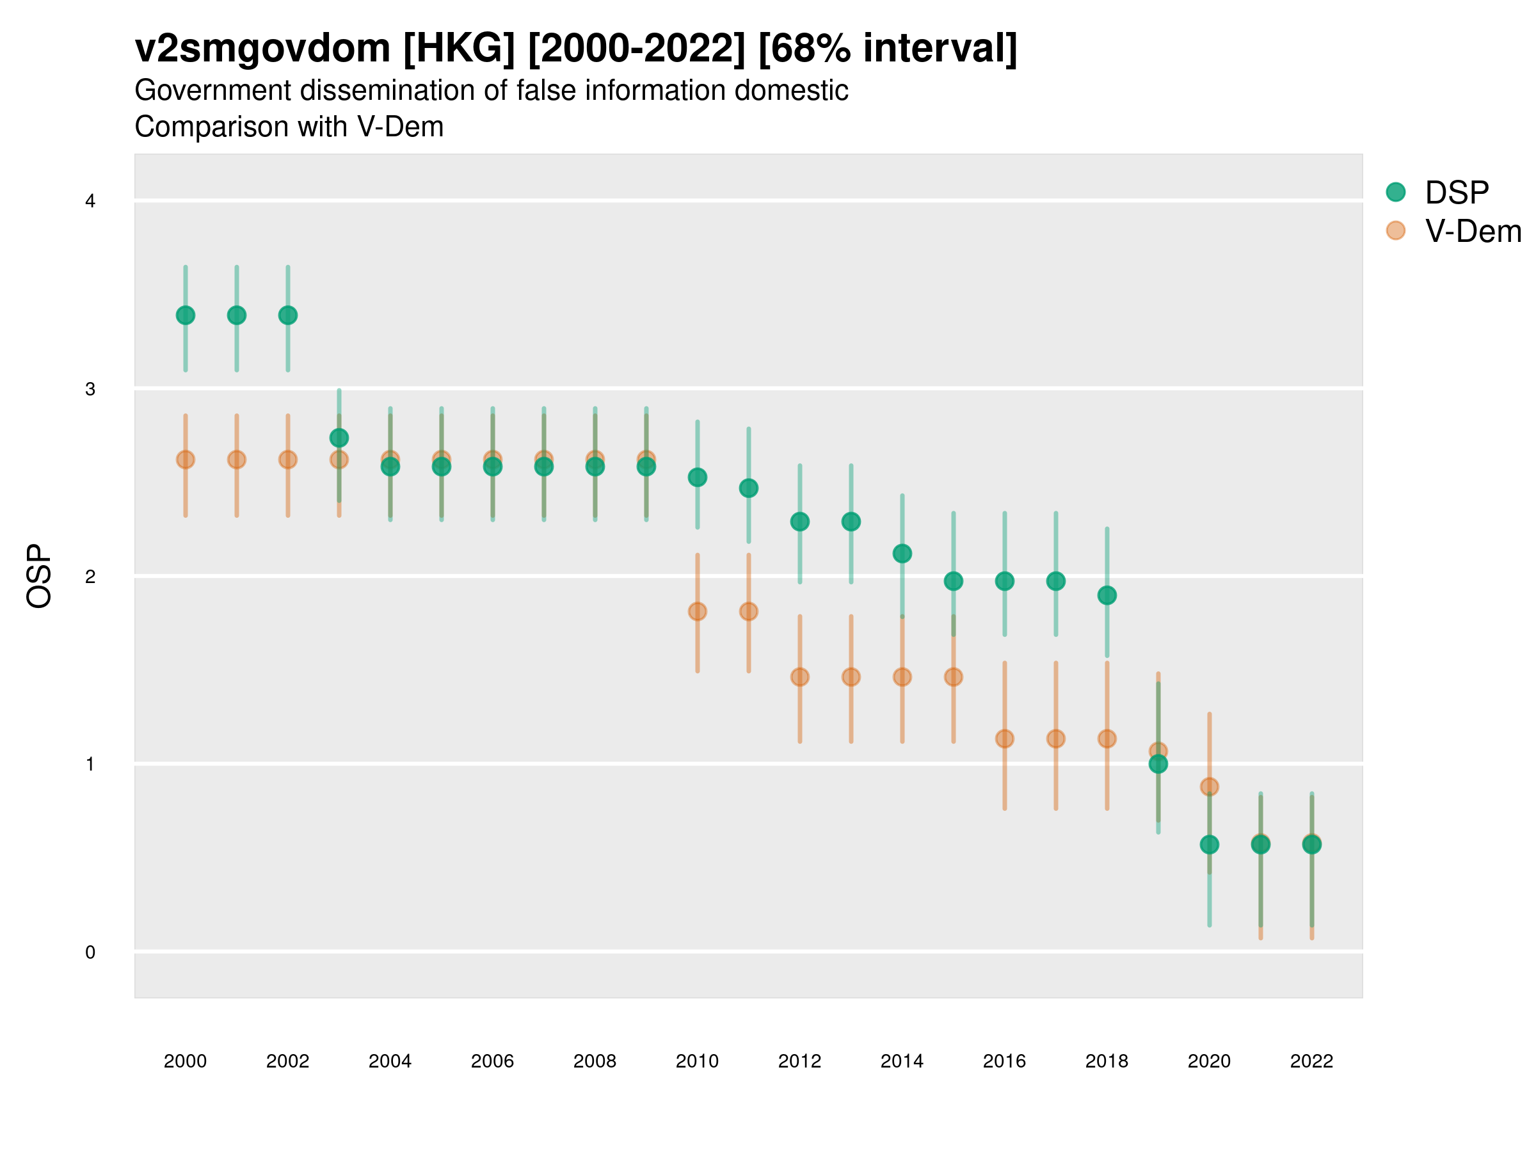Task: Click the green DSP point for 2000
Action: pos(186,316)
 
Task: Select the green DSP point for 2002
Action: pos(287,316)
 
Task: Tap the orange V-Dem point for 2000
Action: pos(186,460)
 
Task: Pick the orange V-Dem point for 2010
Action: pos(697,611)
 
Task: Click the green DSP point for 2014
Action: pos(902,554)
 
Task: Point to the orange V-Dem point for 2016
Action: pos(1005,739)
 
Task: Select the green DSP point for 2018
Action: pos(1107,595)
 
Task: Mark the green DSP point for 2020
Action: pos(1209,844)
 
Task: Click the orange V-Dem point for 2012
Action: pos(800,677)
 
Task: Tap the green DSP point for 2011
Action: pos(749,488)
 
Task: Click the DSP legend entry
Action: pos(1456,193)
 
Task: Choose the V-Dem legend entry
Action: pos(1472,231)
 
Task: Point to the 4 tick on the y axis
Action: pos(90,202)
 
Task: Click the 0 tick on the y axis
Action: pos(90,952)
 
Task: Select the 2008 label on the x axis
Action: pos(595,1061)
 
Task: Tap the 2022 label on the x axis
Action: pos(1311,1061)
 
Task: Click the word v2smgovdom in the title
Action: pos(262,49)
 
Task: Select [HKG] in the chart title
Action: pos(459,49)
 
